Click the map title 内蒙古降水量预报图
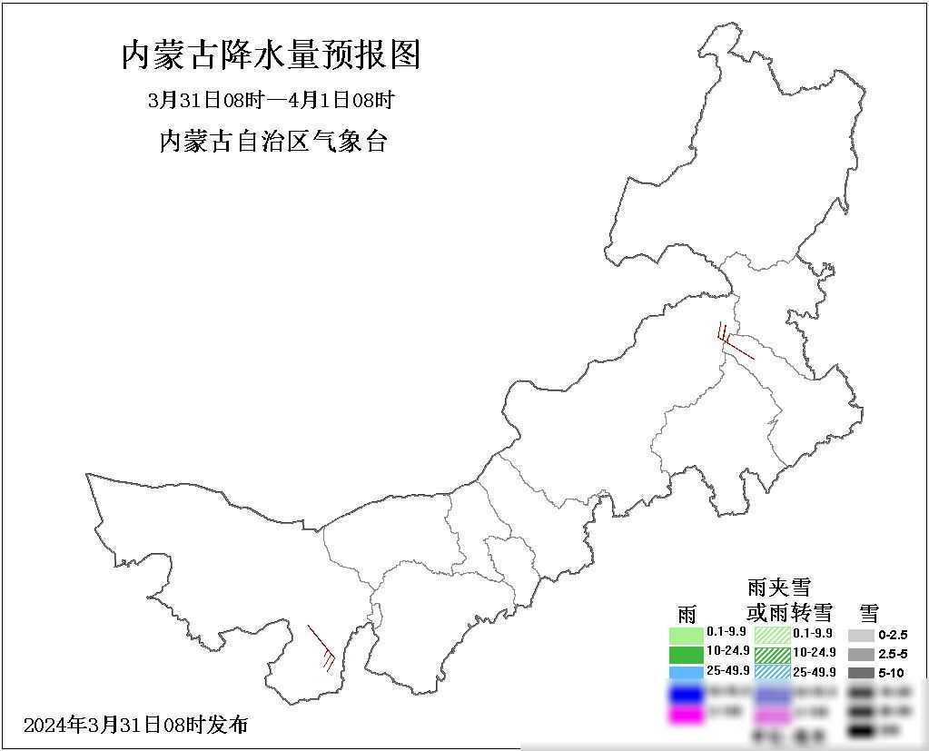click(x=271, y=56)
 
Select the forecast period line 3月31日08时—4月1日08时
click(x=271, y=100)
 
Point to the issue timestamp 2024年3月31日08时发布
click(x=136, y=725)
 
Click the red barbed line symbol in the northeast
click(x=734, y=341)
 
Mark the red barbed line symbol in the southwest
click(x=321, y=647)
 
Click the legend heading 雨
click(x=687, y=613)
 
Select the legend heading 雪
click(x=869, y=613)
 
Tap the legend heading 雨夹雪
click(x=778, y=588)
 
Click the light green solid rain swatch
click(x=687, y=634)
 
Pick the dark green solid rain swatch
click(x=687, y=653)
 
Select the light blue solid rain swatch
click(x=687, y=672)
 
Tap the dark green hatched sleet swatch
click(x=772, y=653)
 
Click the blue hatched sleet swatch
click(x=772, y=672)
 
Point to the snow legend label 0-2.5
click(x=893, y=635)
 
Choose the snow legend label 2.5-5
click(x=893, y=654)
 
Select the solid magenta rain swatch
click(x=687, y=715)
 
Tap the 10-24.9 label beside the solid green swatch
click(x=727, y=652)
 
